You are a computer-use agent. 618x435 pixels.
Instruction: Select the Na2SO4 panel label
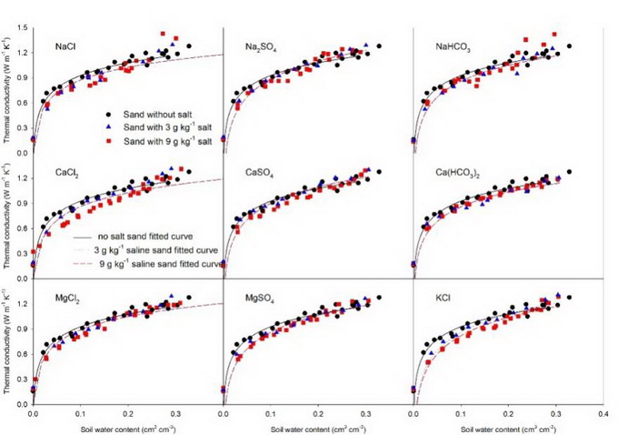click(261, 46)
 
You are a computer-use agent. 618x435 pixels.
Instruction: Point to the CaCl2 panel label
click(65, 170)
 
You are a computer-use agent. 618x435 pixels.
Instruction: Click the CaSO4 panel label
click(260, 170)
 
